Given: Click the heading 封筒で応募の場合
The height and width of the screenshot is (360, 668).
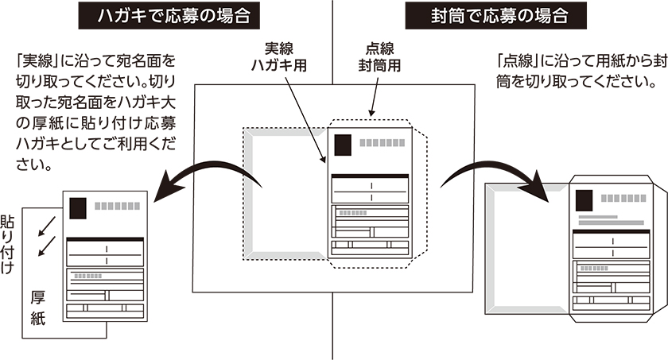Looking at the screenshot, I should [x=497, y=16].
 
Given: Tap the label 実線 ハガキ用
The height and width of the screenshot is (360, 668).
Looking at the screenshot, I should [x=285, y=55].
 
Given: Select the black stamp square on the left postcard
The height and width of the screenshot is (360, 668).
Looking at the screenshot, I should [x=79, y=207].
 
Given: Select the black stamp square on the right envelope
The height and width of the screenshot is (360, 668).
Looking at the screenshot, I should [x=584, y=199].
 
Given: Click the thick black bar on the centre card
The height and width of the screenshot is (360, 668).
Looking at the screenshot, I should [x=368, y=175].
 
